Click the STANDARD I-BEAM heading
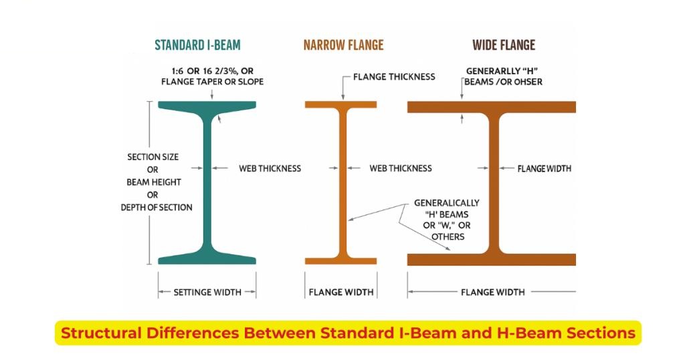pyautogui.click(x=197, y=46)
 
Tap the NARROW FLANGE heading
pyautogui.click(x=343, y=46)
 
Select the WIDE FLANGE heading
pyautogui.click(x=504, y=46)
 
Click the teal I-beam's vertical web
pyautogui.click(x=207, y=181)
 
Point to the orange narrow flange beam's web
pyautogui.click(x=342, y=181)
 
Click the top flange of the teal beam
pyautogui.click(x=207, y=106)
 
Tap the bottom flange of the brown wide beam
pyautogui.click(x=492, y=260)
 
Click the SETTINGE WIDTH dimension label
pyautogui.click(x=207, y=292)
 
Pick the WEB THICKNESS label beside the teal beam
pyautogui.click(x=270, y=168)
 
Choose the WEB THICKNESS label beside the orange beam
pyautogui.click(x=401, y=168)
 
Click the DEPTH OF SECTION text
pyautogui.click(x=157, y=207)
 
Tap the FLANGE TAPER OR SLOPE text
pyautogui.click(x=212, y=82)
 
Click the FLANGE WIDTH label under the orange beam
pyautogui.click(x=341, y=292)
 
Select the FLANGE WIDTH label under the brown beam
pyautogui.click(x=493, y=292)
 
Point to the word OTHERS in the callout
pyautogui.click(x=448, y=237)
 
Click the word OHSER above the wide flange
pyautogui.click(x=525, y=82)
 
